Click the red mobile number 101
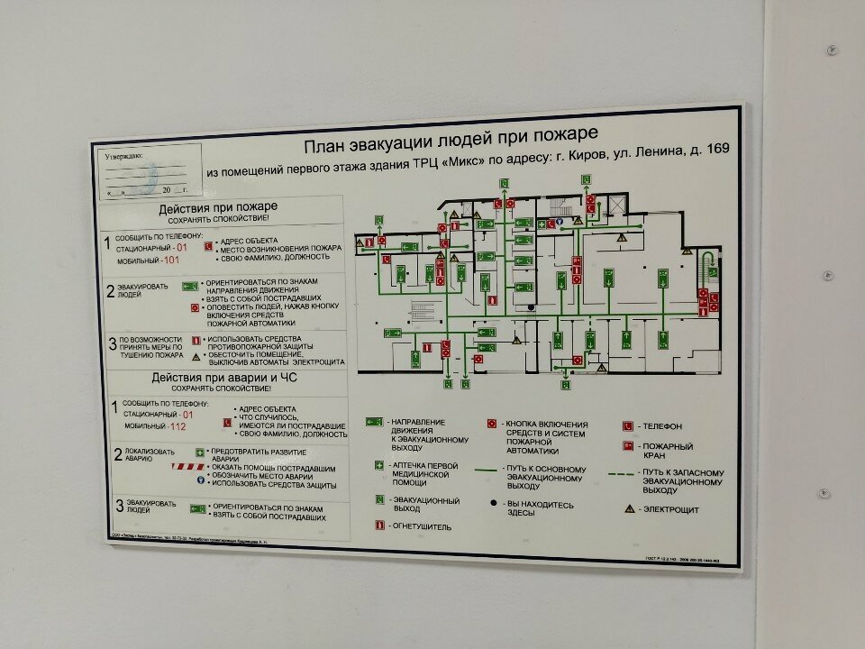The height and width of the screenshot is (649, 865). tap(172, 261)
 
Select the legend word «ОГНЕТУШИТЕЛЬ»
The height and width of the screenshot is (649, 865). tap(420, 526)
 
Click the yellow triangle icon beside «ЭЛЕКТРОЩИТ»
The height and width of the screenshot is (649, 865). tap(629, 509)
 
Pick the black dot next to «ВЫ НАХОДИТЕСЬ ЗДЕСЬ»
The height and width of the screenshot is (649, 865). tap(493, 504)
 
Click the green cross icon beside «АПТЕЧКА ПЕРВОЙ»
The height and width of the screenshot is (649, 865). tap(378, 466)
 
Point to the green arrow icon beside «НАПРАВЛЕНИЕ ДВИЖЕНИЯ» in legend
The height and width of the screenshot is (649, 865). tap(371, 422)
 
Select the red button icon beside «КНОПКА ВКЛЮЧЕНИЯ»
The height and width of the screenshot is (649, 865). tap(492, 423)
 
